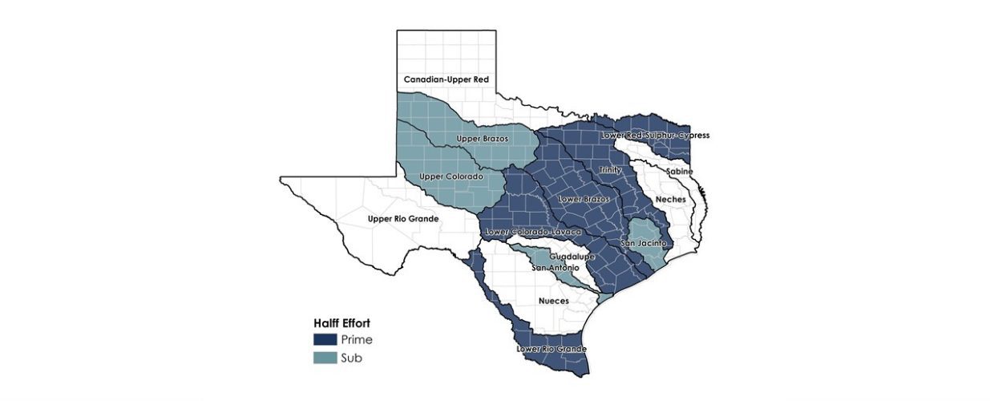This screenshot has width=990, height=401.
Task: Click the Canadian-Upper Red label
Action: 446,80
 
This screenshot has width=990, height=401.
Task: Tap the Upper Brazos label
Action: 482,139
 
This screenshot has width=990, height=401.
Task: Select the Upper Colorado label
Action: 451,176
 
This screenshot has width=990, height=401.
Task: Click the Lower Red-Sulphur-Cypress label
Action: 655,136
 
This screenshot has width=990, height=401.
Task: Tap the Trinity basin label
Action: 610,170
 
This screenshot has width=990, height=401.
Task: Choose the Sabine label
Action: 677,172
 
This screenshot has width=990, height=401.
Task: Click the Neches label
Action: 670,199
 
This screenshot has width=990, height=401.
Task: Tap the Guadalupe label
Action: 572,257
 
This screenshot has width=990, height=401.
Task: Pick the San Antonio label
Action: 555,267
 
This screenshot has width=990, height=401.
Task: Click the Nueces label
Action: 553,301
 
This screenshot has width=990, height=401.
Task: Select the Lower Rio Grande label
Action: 552,350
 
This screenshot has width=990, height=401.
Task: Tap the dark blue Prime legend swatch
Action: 325,339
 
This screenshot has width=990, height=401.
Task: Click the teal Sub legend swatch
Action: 325,358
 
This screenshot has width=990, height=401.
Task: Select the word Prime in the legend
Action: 357,340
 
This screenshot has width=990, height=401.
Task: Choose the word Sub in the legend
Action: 351,358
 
